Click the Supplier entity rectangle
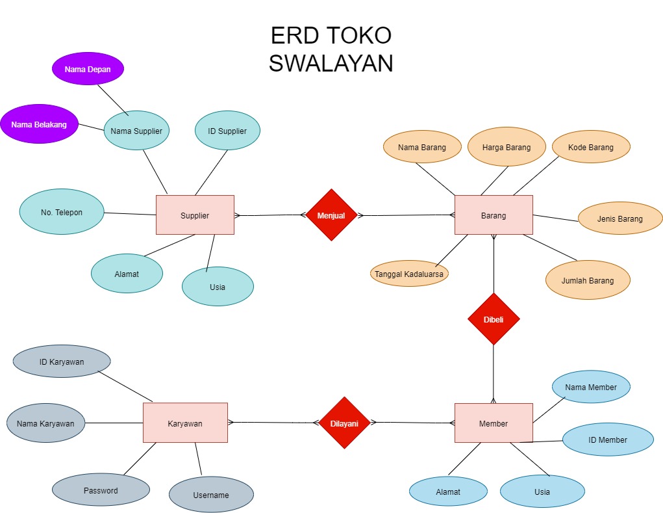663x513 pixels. pos(195,215)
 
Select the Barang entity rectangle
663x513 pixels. pos(494,215)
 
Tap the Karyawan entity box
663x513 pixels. pos(185,423)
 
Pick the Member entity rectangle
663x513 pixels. pos(494,423)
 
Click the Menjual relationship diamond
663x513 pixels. pos(331,215)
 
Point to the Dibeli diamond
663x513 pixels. pos(494,319)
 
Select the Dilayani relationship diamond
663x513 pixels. pos(344,423)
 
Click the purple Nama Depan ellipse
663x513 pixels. pos(88,69)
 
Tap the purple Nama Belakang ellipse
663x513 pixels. pos(39,124)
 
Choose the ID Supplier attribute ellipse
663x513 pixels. pos(227,131)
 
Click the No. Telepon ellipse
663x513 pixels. pos(62,212)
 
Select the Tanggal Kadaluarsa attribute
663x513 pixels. pos(409,274)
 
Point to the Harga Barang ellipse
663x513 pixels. pos(507,147)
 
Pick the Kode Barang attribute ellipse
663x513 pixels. pos(591,147)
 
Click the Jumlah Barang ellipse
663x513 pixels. pos(588,280)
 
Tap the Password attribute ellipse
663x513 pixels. pos(101,490)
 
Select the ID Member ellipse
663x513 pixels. pos(608,440)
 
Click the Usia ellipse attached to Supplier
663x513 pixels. pos(218,286)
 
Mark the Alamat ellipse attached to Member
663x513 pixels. pos(448,492)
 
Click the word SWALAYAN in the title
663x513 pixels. pos(331,63)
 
